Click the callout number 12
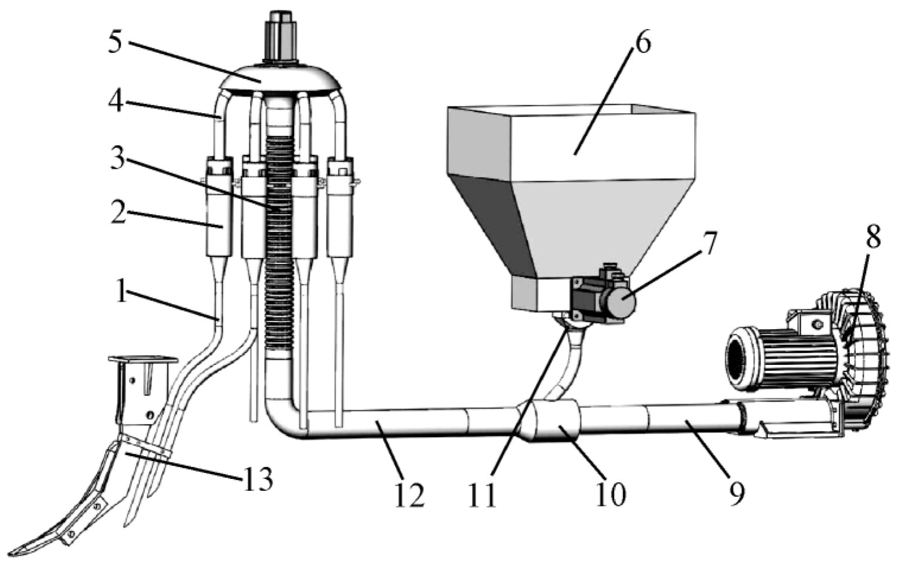410,494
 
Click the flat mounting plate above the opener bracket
143,360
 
